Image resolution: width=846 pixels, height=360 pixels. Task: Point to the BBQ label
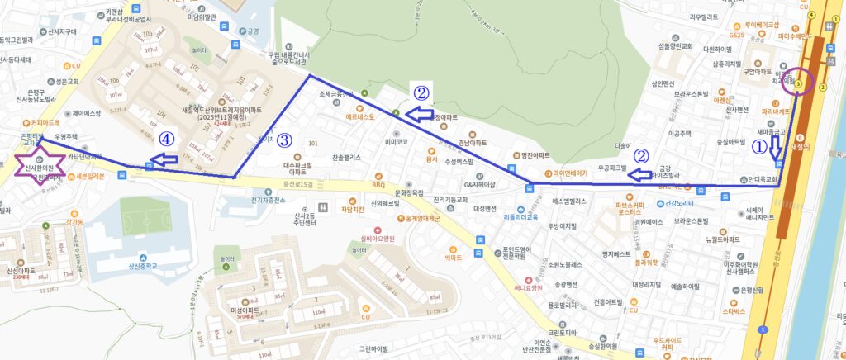(379, 175)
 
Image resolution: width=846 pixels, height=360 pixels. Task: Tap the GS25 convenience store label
(737, 36)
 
